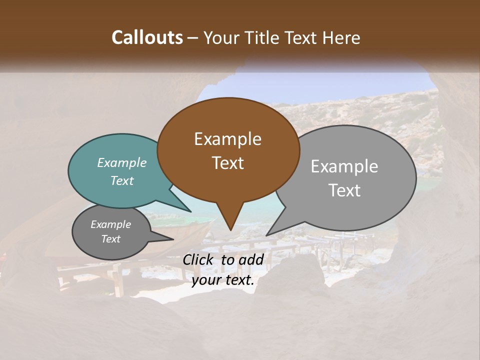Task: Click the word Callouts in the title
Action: pyautogui.click(x=147, y=37)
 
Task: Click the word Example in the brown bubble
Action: pyautogui.click(x=227, y=139)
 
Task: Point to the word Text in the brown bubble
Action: pyautogui.click(x=227, y=163)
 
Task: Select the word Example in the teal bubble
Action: pyautogui.click(x=122, y=162)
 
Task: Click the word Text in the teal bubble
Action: pyautogui.click(x=122, y=181)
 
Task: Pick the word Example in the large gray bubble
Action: pyautogui.click(x=344, y=166)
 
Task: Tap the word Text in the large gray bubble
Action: pyautogui.click(x=344, y=190)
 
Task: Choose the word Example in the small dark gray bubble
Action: pyautogui.click(x=110, y=224)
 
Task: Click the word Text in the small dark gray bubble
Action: pyautogui.click(x=110, y=239)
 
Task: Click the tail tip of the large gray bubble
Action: pyautogui.click(x=266, y=235)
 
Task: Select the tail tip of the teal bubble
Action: pyautogui.click(x=190, y=211)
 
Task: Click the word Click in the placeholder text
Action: pyautogui.click(x=198, y=259)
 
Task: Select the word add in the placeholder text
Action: pyautogui.click(x=251, y=259)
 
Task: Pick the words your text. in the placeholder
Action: pyautogui.click(x=223, y=280)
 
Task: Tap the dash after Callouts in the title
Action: pyautogui.click(x=193, y=38)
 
